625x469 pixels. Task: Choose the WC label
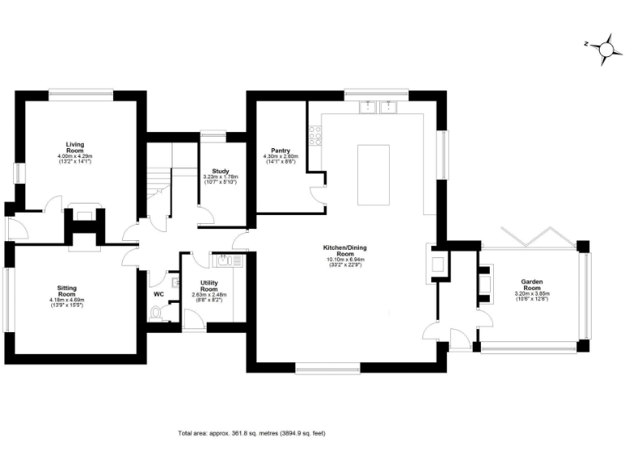click(x=159, y=293)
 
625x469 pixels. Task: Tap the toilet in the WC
click(x=160, y=311)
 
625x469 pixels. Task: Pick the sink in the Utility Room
click(x=225, y=261)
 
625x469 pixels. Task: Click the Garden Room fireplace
click(x=486, y=282)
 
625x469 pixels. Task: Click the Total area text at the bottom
click(x=251, y=433)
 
